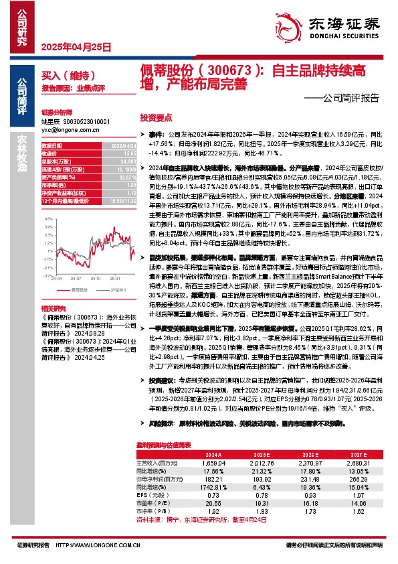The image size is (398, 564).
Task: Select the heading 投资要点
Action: [155, 116]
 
